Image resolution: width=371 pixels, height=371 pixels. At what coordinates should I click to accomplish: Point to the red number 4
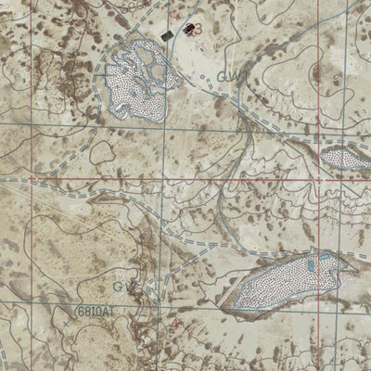click(x=176, y=325)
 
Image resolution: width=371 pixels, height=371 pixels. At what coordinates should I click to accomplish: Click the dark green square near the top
click(x=168, y=34)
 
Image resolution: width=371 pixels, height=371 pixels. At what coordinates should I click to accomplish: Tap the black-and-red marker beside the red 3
click(x=189, y=29)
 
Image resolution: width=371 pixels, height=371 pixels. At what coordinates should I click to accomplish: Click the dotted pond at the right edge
click(x=348, y=158)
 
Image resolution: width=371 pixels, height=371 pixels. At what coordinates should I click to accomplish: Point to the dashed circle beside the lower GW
click(x=147, y=289)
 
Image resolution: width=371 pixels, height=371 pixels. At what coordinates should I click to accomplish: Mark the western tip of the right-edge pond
click(x=322, y=156)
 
